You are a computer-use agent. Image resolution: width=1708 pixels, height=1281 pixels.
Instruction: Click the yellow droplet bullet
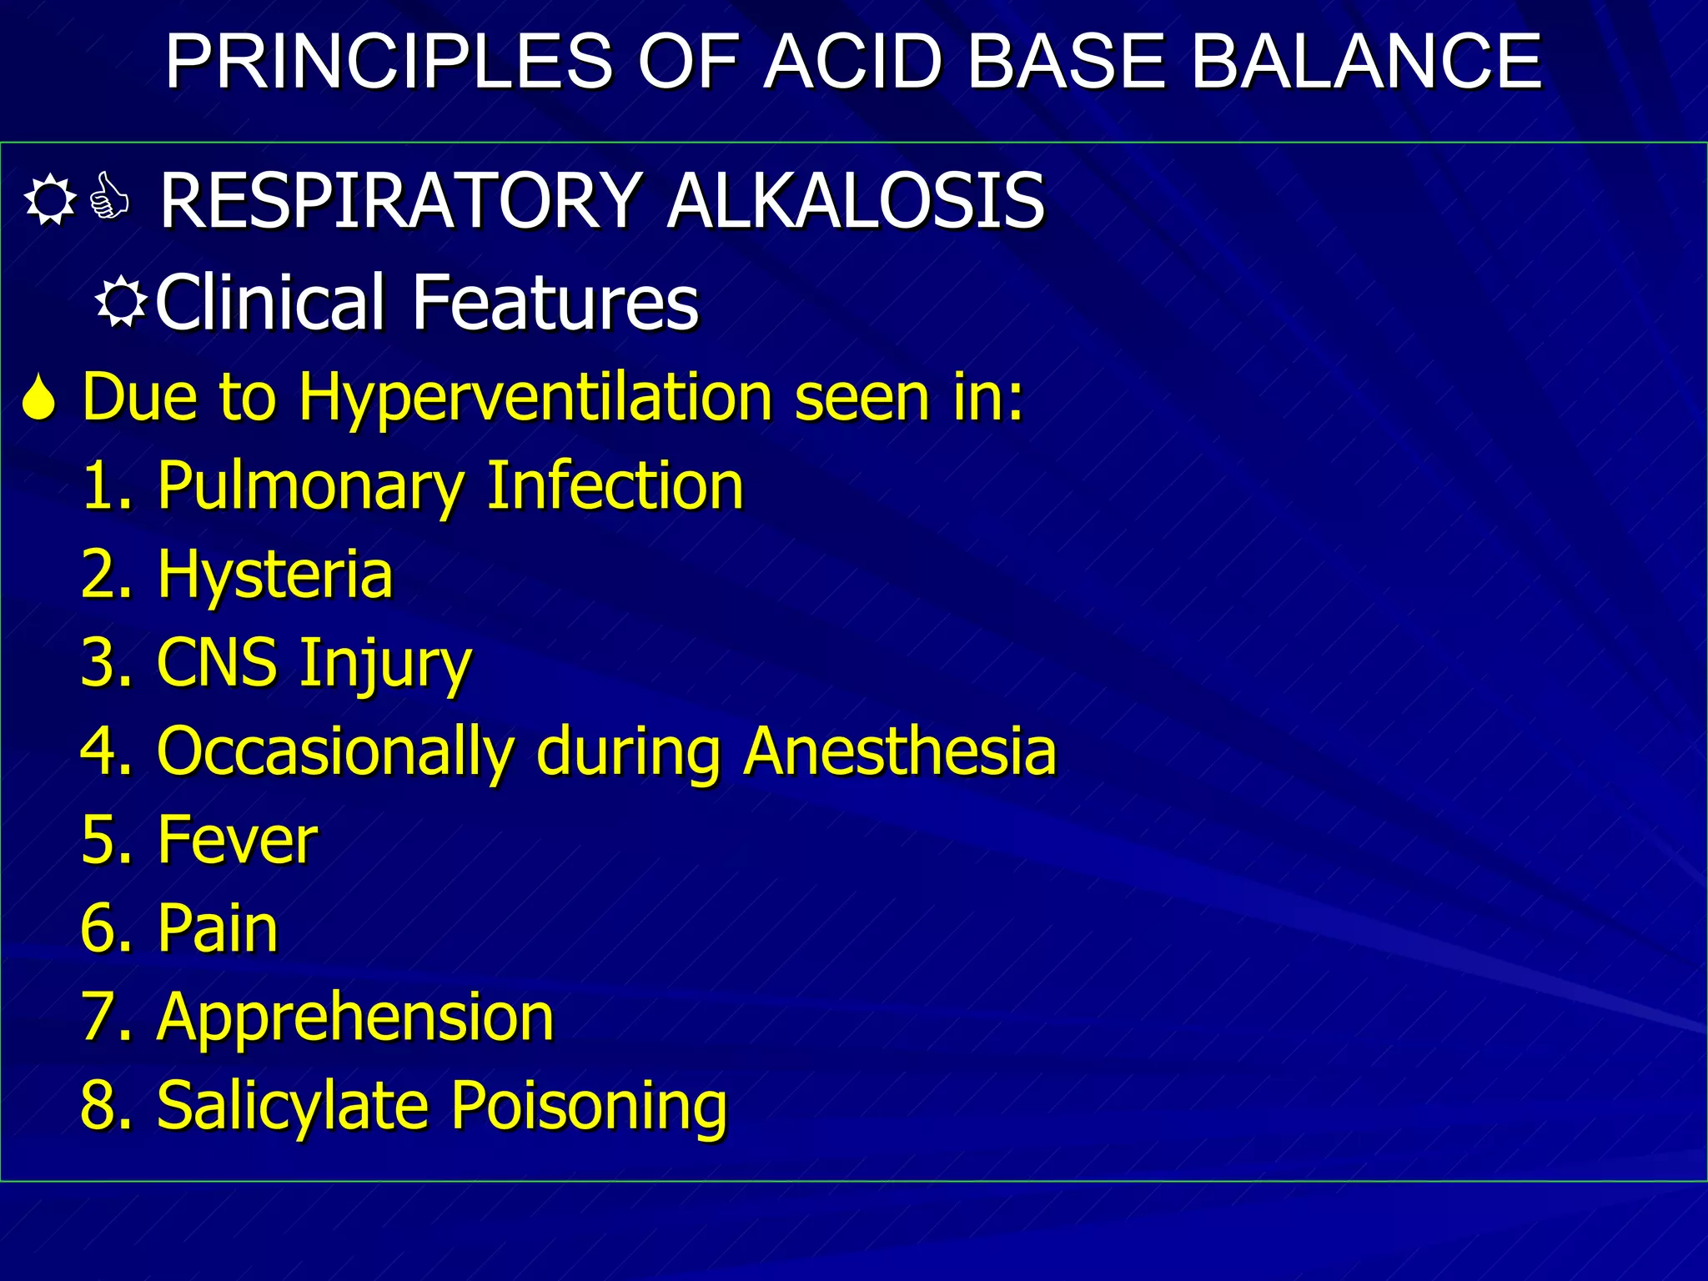pos(39,398)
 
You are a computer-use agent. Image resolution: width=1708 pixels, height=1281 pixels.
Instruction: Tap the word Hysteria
pos(274,575)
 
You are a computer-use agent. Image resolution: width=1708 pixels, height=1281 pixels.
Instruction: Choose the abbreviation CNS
pos(217,663)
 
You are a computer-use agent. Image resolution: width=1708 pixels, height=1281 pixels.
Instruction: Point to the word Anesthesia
pos(900,751)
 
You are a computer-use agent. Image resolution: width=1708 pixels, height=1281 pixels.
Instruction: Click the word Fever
pos(237,840)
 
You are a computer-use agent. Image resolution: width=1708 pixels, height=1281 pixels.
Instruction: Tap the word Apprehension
pos(354,1017)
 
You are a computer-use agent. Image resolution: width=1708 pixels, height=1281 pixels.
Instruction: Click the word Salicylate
pos(294,1105)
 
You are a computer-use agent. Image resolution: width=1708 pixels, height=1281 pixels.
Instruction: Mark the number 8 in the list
pos(96,1105)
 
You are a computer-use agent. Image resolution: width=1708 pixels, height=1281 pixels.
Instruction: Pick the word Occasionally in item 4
pos(334,751)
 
